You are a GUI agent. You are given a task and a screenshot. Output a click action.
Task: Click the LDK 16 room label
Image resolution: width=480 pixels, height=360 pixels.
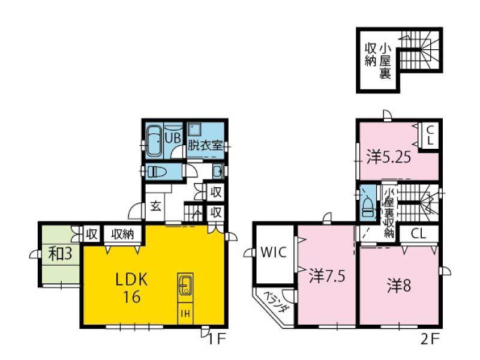coord(131,288)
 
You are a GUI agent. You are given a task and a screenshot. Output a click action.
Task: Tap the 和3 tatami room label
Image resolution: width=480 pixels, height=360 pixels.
coord(61,254)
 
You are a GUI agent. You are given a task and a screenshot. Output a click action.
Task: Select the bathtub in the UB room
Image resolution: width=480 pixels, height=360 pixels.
coord(155,141)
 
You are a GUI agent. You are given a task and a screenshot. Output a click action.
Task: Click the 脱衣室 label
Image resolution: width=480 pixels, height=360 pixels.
coord(205,145)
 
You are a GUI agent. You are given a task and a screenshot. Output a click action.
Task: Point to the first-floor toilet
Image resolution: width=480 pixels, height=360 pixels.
coord(157,172)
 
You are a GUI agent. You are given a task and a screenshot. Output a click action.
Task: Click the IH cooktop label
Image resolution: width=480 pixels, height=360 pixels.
coord(185,313)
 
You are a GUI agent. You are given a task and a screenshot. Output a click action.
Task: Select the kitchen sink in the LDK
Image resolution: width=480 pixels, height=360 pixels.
coord(185,284)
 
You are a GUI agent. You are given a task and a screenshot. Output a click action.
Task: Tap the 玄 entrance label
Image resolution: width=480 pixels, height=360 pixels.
coord(156,207)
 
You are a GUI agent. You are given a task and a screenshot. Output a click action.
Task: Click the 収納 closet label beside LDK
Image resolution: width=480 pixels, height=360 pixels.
coord(122,235)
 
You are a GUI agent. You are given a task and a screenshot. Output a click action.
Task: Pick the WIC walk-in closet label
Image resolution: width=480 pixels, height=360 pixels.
coord(274,253)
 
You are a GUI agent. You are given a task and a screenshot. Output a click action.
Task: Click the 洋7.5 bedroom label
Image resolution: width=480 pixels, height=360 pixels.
coord(327,276)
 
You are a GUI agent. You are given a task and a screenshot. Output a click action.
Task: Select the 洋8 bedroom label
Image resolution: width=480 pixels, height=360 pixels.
coord(399,286)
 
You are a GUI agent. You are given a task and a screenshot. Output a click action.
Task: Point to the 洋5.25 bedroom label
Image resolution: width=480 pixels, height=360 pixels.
coord(389,158)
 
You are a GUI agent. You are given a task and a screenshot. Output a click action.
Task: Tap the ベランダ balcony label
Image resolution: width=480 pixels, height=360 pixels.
coord(276,302)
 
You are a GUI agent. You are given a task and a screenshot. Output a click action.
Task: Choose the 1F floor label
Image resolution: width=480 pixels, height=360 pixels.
coord(217,339)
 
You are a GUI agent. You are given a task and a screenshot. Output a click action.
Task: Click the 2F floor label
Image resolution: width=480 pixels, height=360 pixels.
coord(430,339)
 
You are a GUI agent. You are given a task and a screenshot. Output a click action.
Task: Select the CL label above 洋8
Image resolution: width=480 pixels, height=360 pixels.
coord(418,234)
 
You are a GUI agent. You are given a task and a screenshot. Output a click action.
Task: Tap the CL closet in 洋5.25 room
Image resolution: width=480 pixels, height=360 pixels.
coord(430,136)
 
